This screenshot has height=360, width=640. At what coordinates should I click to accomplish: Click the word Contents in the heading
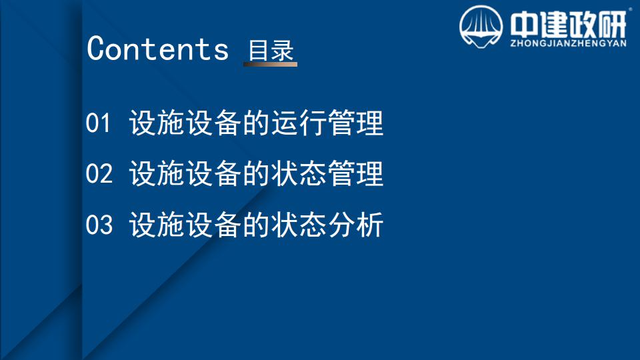point(157,48)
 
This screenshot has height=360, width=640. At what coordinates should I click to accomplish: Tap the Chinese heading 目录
point(271,51)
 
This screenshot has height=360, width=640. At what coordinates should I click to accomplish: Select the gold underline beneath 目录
point(270,64)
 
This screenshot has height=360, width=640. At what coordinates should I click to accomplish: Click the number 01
point(98,123)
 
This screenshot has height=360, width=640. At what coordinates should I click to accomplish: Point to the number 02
point(99,173)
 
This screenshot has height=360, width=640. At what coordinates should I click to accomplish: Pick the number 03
point(99,225)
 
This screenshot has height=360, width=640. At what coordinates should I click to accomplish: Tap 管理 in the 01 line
point(355,123)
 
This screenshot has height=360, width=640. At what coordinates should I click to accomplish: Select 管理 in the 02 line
point(355,173)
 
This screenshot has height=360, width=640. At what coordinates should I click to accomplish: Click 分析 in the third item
point(355,225)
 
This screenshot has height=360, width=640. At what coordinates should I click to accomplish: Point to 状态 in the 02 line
point(299,173)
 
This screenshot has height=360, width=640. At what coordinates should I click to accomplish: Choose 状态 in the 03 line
point(299,225)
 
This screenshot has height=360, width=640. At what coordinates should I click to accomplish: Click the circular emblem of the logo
point(481,27)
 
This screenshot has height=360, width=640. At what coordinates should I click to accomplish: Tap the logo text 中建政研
point(568,24)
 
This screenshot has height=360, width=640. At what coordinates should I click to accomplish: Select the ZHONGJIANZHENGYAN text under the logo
point(568,43)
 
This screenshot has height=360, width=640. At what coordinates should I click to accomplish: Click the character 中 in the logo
point(525,24)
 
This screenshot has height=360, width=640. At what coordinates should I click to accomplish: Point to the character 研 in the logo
point(612,24)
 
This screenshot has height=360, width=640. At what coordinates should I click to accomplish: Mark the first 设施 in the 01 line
point(157,123)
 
